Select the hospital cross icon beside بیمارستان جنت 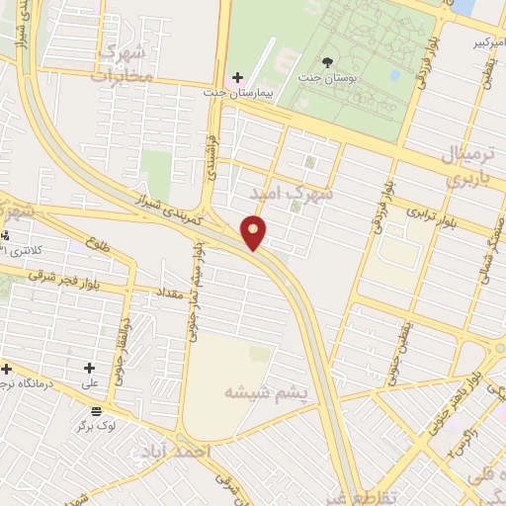[237, 77]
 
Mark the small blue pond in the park [395, 74]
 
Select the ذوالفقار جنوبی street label [117, 357]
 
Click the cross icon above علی [89, 368]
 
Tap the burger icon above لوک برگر [96, 411]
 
